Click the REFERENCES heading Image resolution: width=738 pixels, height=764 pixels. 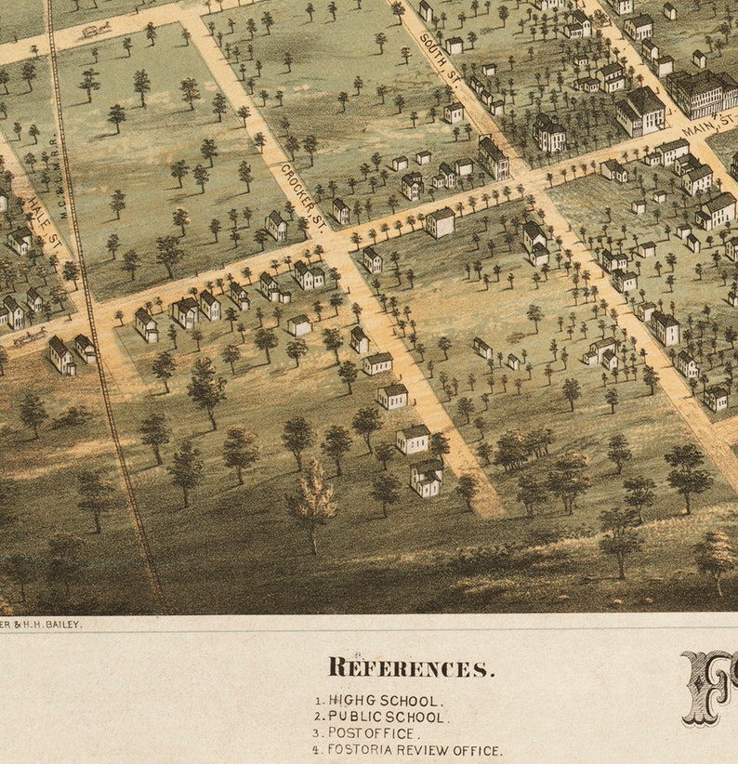coord(411,667)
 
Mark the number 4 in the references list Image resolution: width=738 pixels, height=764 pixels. coord(317,750)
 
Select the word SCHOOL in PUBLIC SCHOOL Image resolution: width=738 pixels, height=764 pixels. coord(422,717)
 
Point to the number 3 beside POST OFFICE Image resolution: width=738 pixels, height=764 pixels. coord(317,733)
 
